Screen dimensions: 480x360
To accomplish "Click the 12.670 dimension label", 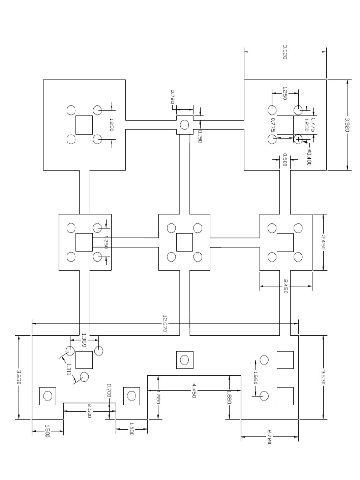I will click(165, 323).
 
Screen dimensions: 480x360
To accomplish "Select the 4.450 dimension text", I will click(194, 390).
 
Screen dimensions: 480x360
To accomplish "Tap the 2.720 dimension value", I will click(270, 437).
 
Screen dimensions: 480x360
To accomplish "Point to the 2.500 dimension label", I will click(90, 411).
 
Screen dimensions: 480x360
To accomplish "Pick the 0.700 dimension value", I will click(109, 390).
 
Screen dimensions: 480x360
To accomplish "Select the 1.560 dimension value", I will click(255, 378).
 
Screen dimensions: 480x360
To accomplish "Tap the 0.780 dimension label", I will click(172, 97).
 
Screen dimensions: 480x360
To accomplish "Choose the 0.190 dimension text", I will click(200, 136).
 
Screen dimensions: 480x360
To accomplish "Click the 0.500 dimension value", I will click(285, 160).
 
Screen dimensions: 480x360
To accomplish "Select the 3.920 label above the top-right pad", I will click(285, 52).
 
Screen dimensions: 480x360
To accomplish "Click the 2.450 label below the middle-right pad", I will click(285, 286).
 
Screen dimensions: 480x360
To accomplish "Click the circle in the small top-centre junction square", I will click(185, 125).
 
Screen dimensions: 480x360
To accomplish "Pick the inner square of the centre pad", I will click(185, 242).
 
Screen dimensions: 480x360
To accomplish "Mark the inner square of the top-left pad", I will click(84, 125).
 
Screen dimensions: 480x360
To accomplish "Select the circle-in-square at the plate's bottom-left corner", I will click(47, 396).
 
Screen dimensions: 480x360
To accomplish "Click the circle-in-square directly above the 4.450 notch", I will click(185, 360).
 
